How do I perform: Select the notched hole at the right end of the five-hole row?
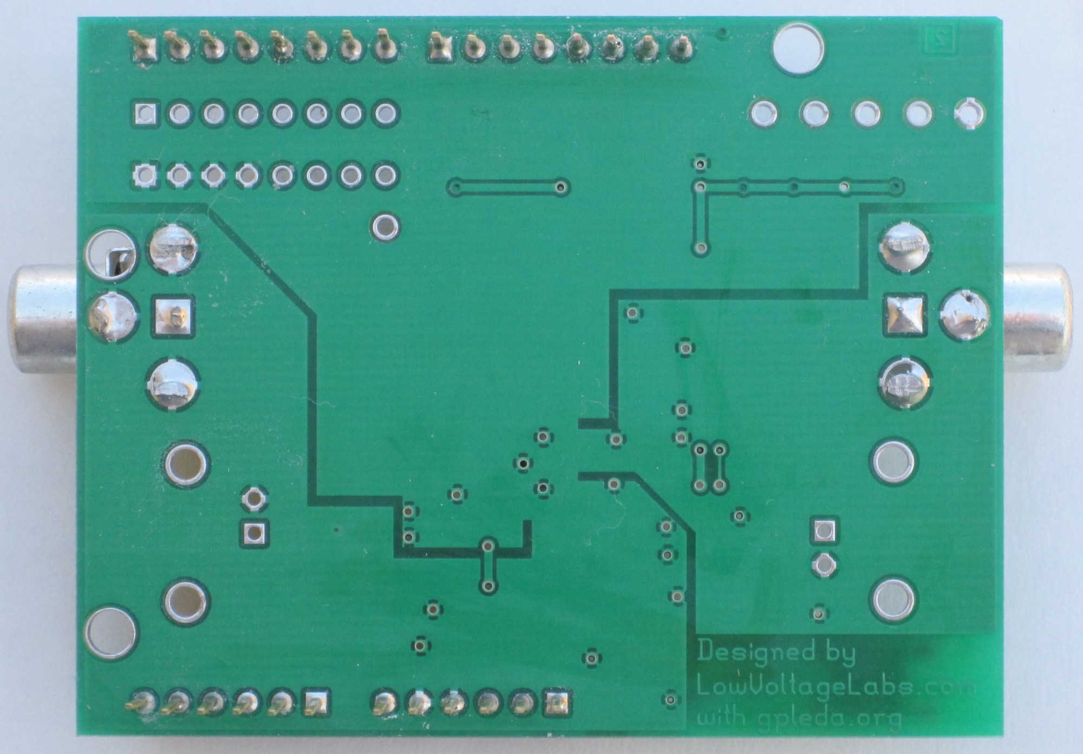969,113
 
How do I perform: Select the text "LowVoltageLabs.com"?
837,687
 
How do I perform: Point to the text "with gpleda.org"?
798,719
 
